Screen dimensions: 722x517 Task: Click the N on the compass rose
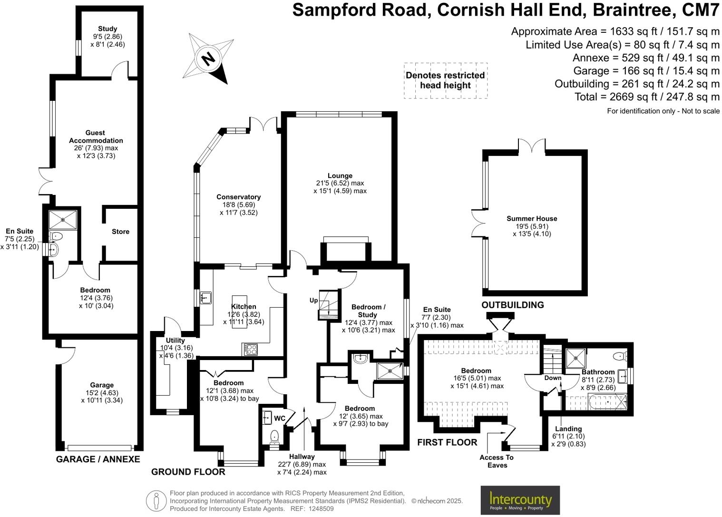coord(208,59)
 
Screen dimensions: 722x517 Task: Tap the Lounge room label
coord(340,176)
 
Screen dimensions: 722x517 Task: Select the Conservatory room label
coord(238,197)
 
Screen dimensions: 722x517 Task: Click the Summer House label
coord(532,218)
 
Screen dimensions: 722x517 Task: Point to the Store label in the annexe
coord(120,232)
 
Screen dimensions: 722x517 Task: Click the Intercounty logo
coord(520,500)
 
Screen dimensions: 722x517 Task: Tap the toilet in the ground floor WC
coord(274,438)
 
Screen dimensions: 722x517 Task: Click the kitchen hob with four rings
coord(251,349)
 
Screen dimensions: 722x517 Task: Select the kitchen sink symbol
coord(205,298)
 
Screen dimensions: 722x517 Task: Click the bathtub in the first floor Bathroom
coord(607,401)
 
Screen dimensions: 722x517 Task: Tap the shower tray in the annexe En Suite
coord(63,220)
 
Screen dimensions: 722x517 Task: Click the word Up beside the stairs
coord(313,301)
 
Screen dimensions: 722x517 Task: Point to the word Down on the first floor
coord(553,378)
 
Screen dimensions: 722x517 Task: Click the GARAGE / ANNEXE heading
coord(98,459)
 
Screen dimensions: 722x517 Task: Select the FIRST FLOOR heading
coord(447,442)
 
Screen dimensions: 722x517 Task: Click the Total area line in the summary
coord(647,97)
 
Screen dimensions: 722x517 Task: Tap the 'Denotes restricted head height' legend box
coord(446,80)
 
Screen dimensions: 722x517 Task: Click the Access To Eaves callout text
coord(497,461)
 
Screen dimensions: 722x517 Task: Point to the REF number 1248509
coord(321,508)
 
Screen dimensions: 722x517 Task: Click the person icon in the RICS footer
coord(156,501)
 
